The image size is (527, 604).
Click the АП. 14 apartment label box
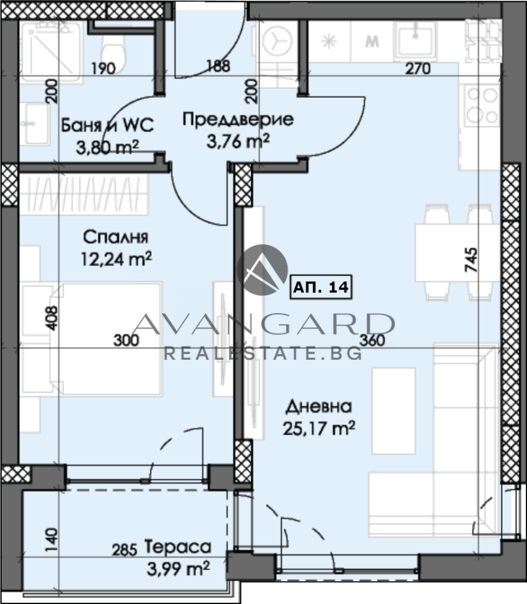(x=321, y=287)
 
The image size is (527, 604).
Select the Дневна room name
(x=319, y=406)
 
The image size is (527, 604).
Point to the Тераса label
(x=178, y=547)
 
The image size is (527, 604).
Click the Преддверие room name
(x=238, y=119)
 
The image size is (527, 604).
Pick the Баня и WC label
(x=107, y=125)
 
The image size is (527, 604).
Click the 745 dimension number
(x=471, y=260)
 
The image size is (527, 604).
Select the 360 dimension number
(x=372, y=340)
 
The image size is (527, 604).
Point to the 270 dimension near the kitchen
(x=418, y=68)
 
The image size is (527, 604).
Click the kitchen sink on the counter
(x=415, y=37)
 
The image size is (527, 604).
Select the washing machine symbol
(x=277, y=41)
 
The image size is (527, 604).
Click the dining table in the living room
(x=457, y=252)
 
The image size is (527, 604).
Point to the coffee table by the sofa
(x=394, y=411)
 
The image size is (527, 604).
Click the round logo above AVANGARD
(x=262, y=270)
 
